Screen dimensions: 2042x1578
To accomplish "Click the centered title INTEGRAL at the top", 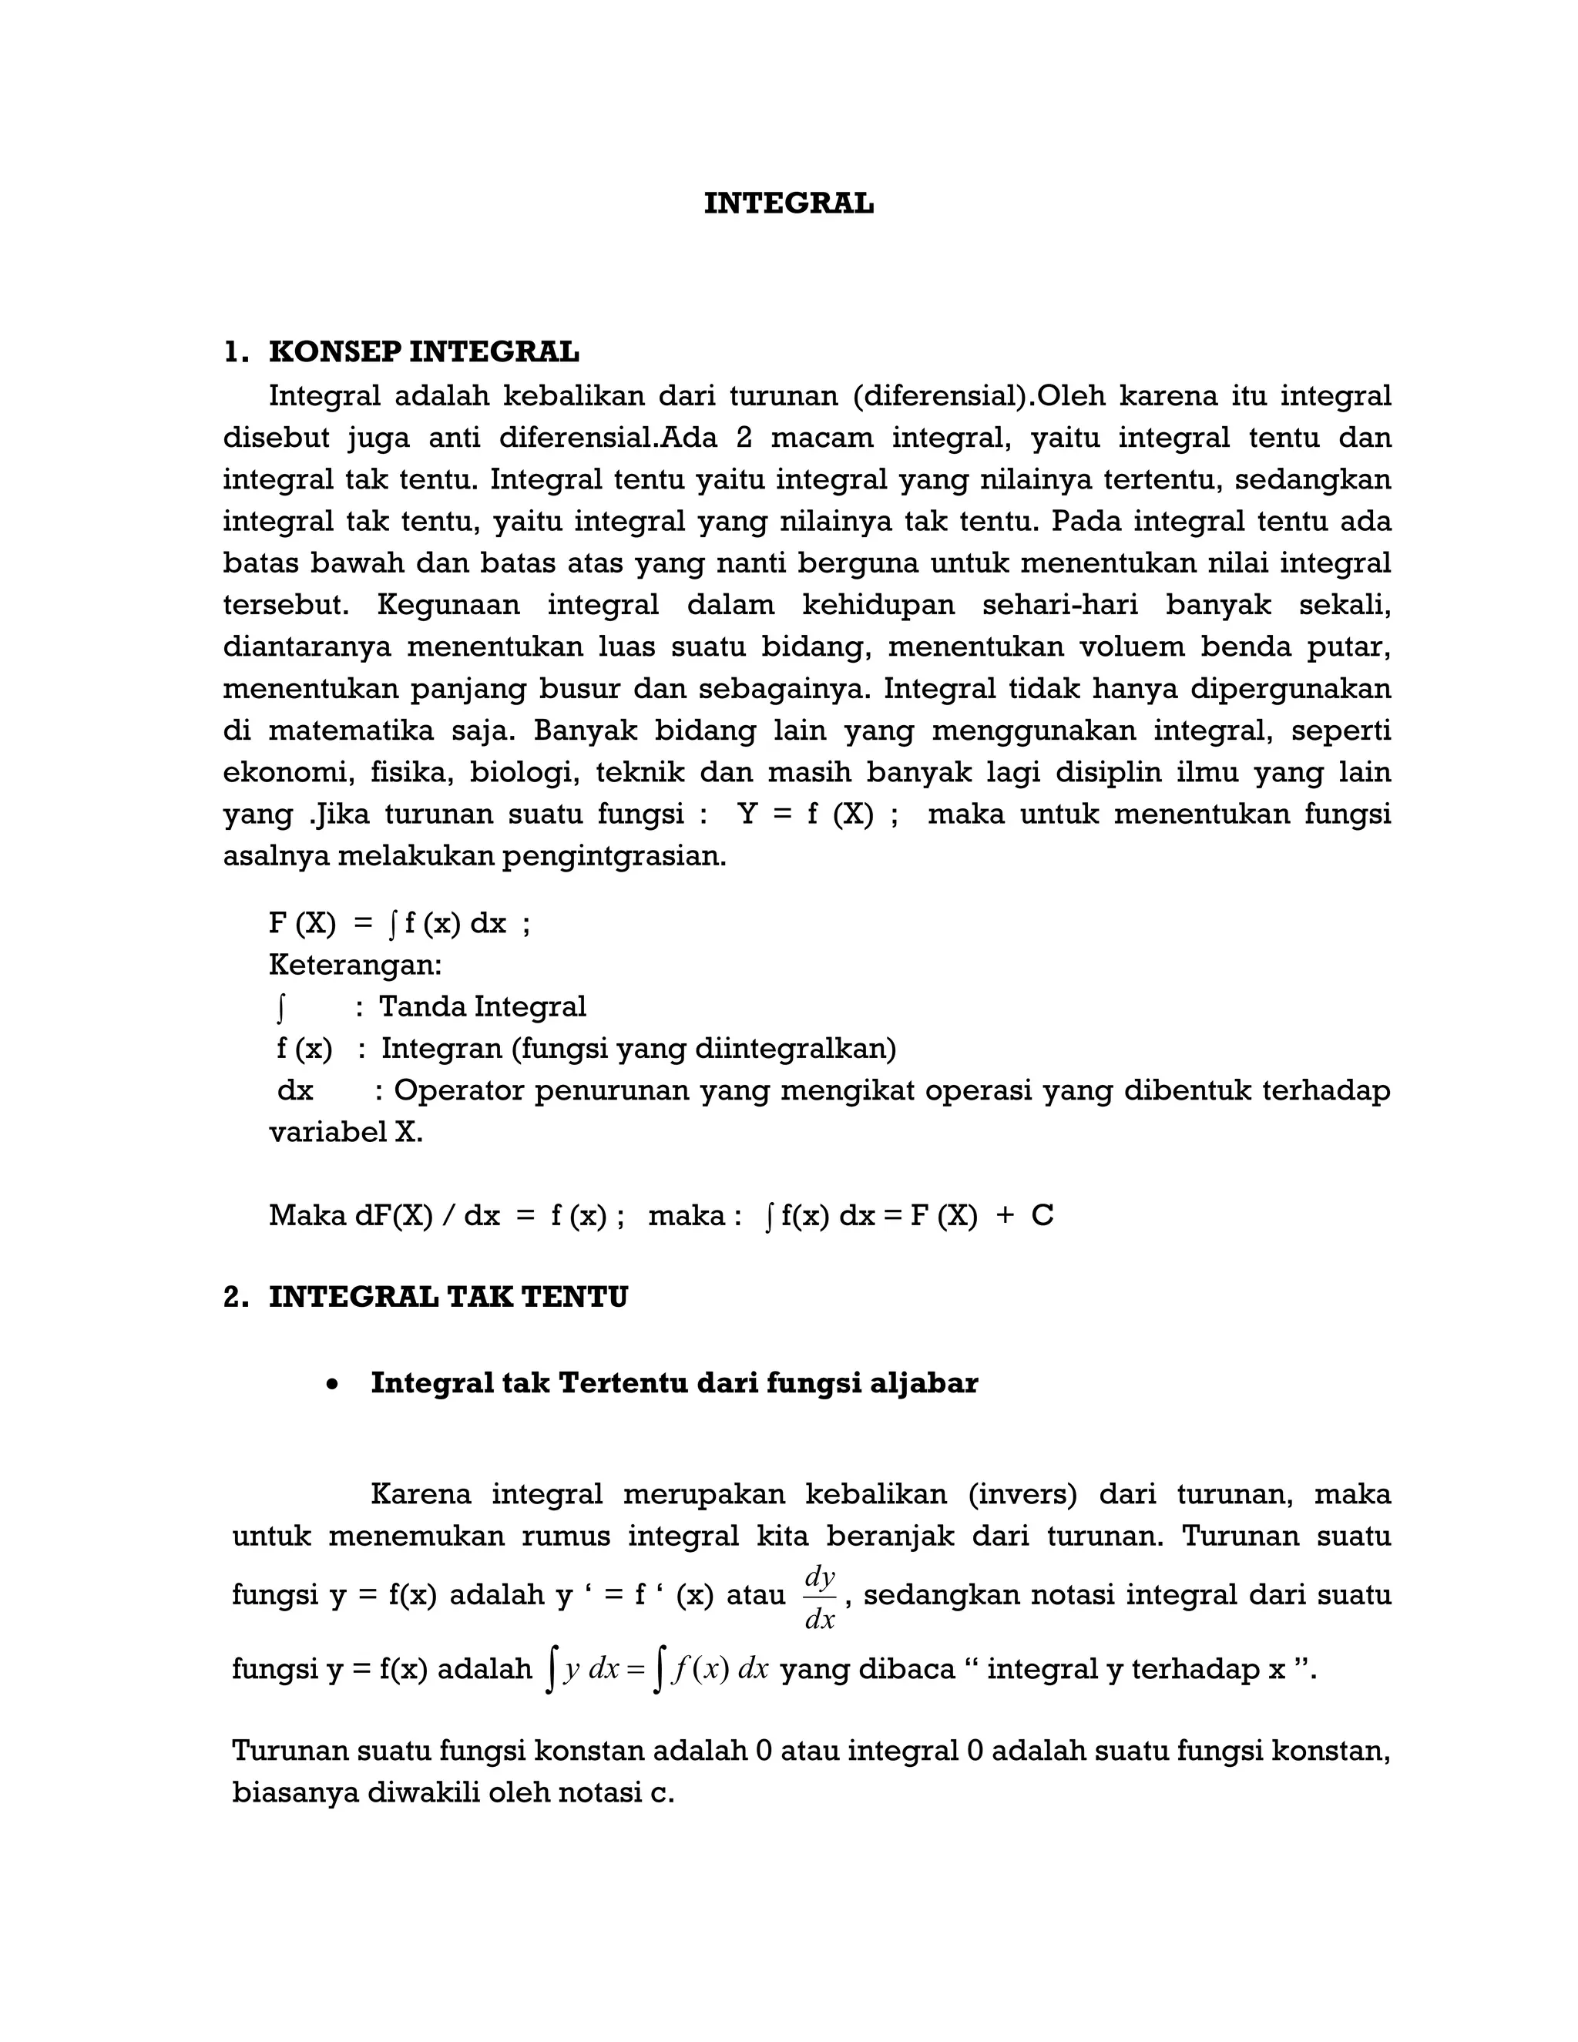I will (788, 204).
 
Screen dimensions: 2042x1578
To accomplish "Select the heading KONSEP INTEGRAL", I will (424, 352).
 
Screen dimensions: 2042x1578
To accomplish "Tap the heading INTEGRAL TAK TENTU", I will (448, 1297).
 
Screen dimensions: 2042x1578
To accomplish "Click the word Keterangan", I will (355, 964).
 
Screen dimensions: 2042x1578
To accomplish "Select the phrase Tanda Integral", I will (482, 1006).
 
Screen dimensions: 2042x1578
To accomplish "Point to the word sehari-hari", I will (1059, 605).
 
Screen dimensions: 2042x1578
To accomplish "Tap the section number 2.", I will (235, 1297).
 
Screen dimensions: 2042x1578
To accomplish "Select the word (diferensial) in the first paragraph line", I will (938, 396).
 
